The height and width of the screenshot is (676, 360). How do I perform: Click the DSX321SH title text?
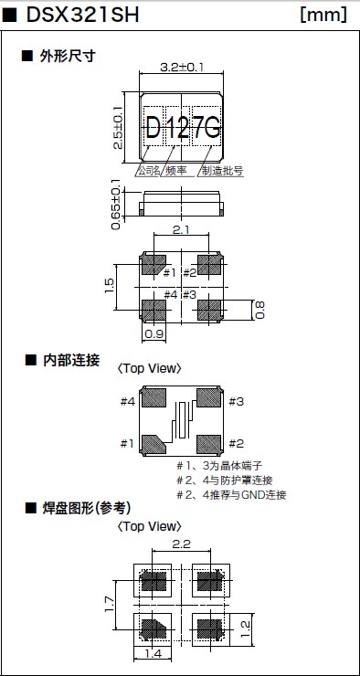tap(82, 16)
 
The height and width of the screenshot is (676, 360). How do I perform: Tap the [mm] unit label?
tap(323, 16)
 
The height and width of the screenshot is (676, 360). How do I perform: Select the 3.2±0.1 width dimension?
tap(181, 67)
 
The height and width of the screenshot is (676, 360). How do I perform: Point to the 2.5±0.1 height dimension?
tap(118, 128)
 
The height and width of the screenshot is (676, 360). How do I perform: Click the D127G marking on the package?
tap(184, 128)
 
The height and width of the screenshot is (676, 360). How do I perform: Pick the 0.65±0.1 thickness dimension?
tap(116, 205)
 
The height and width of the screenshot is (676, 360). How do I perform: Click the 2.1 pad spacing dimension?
tap(182, 229)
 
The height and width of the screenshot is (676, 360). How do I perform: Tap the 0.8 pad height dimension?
tap(259, 310)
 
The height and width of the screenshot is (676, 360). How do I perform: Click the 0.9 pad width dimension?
tap(154, 334)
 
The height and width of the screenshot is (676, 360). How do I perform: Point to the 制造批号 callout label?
tap(222, 171)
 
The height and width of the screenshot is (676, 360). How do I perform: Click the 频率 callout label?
tap(176, 171)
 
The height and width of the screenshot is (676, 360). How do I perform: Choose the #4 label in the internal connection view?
tap(128, 402)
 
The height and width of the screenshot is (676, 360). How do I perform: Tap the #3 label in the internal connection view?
tap(237, 402)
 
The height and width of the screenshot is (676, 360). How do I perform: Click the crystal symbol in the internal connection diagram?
tap(183, 420)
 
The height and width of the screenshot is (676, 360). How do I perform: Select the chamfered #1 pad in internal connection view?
tap(154, 444)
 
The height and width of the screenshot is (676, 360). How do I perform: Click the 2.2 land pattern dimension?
tap(181, 544)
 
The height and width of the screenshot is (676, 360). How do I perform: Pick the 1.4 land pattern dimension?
tap(154, 654)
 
